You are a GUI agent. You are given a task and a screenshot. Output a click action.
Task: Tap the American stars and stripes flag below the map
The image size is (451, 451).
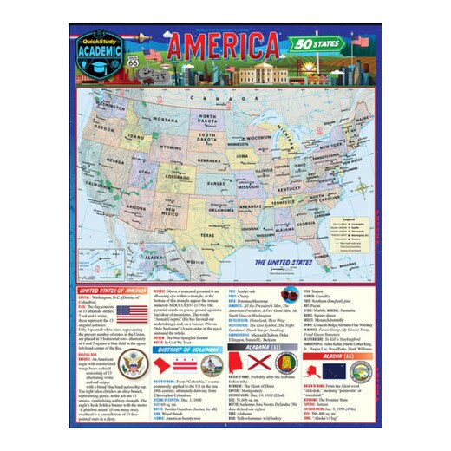[x=131, y=313]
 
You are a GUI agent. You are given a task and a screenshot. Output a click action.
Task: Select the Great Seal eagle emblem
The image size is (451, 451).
[x=134, y=364]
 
